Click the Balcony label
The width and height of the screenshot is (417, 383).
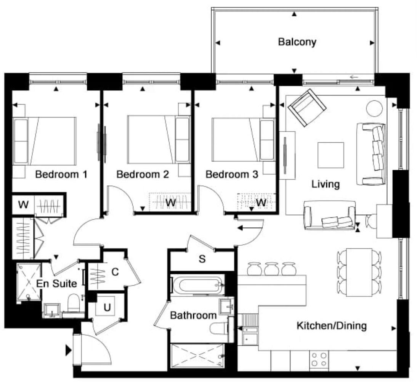coord(297,42)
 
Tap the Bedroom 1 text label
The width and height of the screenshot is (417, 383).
coord(61,175)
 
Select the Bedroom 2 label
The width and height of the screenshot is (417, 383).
coord(143,175)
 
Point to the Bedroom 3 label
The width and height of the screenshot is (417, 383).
coord(232,175)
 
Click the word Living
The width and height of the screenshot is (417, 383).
coord(326,184)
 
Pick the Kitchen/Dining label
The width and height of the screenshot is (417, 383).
coord(332,326)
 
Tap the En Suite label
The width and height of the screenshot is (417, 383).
coord(56,283)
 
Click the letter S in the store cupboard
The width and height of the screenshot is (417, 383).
coord(202,259)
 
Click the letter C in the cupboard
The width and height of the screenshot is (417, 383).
coord(115,272)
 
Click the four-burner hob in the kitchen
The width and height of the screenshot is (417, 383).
coord(319,359)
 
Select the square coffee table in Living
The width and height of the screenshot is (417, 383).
coord(331,155)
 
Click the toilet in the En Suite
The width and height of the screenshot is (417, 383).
coord(73,305)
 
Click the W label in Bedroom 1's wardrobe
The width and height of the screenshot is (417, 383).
coord(23,205)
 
